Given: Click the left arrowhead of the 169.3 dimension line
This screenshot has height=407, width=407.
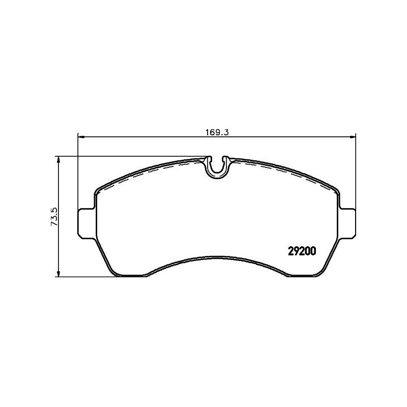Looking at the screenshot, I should click(x=80, y=136).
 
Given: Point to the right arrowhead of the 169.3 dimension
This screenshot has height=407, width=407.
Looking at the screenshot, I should click(x=352, y=136).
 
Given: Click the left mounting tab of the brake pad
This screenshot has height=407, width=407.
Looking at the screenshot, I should click(x=85, y=221).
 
